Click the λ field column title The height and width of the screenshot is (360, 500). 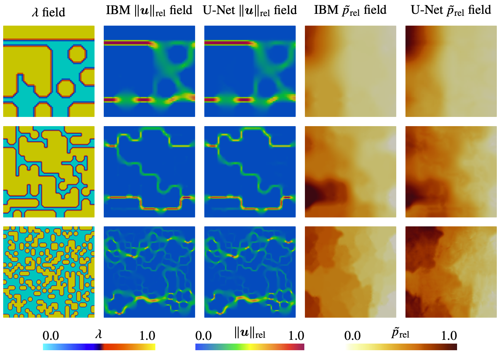click(x=48, y=12)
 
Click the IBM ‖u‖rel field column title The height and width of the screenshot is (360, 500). click(x=149, y=11)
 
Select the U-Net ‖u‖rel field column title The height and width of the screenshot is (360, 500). click(x=250, y=11)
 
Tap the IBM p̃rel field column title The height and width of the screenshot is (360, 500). click(x=350, y=10)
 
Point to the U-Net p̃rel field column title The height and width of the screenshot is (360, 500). click(x=451, y=10)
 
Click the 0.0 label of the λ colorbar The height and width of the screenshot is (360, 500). click(x=51, y=336)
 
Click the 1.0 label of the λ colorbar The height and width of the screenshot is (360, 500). click(x=147, y=336)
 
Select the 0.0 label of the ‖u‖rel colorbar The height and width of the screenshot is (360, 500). click(x=203, y=336)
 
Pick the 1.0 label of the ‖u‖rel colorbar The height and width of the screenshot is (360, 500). click(x=296, y=336)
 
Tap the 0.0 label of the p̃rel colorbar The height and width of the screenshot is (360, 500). click(x=352, y=336)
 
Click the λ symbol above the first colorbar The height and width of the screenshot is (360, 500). click(x=99, y=334)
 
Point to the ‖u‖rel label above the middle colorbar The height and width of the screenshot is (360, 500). click(x=250, y=333)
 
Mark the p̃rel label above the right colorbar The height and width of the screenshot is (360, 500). click(x=400, y=334)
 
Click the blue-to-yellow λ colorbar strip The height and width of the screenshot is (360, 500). click(x=99, y=347)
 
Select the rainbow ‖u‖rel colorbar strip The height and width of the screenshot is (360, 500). click(x=250, y=347)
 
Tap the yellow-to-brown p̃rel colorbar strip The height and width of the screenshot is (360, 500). click(x=401, y=347)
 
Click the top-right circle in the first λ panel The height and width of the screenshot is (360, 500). click(x=77, y=54)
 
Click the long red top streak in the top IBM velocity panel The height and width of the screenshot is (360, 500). click(x=127, y=43)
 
